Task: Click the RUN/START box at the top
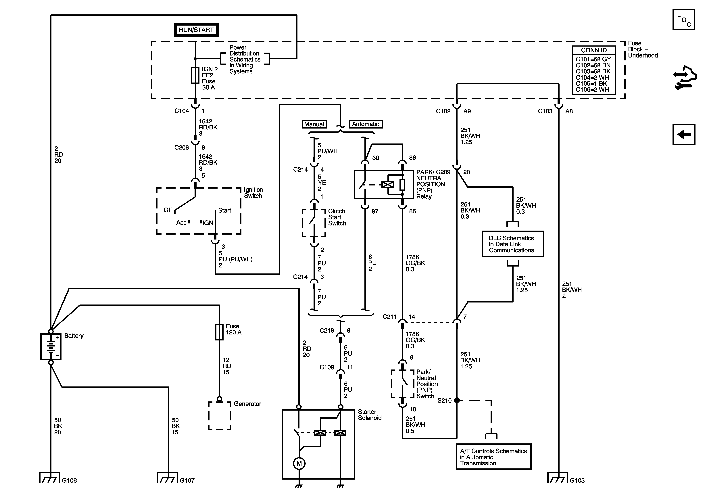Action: [196, 30]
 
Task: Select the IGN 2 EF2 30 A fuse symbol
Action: [195, 75]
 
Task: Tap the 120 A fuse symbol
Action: [219, 332]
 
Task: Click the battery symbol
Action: [51, 347]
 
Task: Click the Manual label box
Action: [314, 124]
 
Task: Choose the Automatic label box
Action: [366, 124]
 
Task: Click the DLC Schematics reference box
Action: [513, 244]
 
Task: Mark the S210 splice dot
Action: [457, 400]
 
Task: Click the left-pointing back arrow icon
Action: [684, 134]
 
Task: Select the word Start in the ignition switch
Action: [224, 210]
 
